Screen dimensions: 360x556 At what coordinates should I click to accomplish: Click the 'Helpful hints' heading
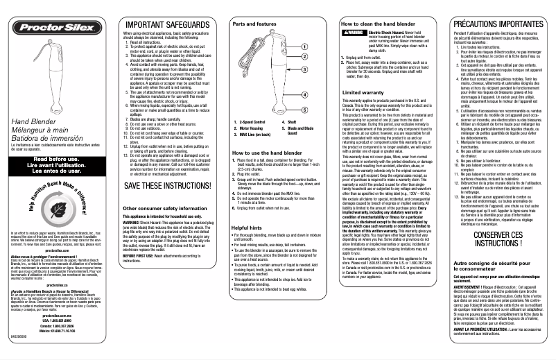point(246,228)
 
